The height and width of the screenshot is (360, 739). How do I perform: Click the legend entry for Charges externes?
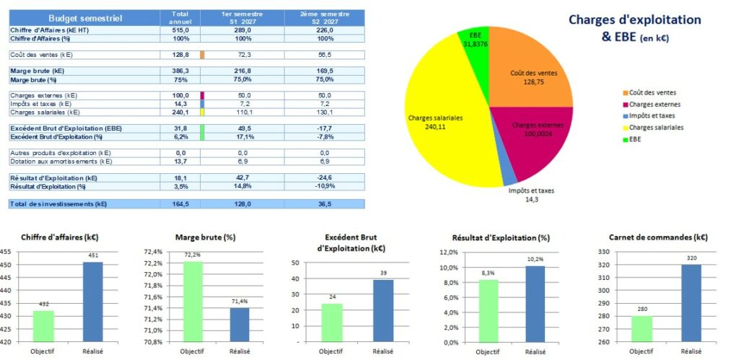click(654, 104)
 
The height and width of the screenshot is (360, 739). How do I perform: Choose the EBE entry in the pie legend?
click(636, 139)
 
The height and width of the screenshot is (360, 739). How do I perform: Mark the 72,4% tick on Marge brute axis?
click(154, 252)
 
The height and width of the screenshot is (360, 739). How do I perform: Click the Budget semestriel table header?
click(85, 17)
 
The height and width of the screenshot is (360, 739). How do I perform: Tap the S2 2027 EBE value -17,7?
click(324, 128)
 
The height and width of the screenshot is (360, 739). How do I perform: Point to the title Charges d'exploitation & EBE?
click(634, 28)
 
